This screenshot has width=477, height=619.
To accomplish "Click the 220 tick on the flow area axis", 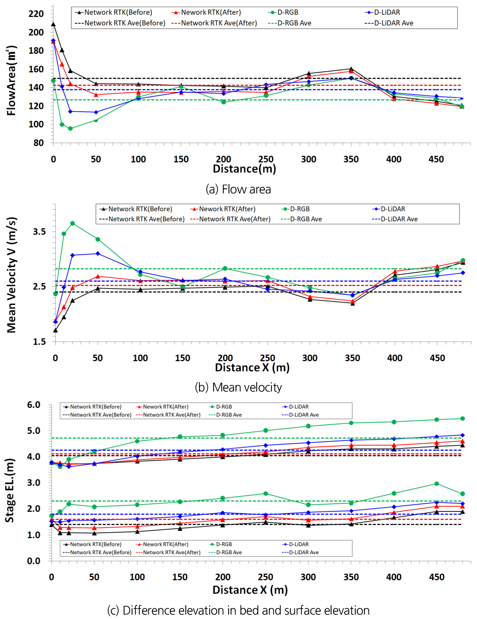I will (x=36, y=14).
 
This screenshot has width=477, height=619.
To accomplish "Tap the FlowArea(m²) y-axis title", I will (x=11, y=80).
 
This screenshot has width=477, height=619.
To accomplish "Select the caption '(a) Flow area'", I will (x=238, y=189).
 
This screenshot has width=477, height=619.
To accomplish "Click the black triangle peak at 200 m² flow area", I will (x=53, y=24).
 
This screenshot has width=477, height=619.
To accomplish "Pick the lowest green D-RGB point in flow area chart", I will (x=70, y=129).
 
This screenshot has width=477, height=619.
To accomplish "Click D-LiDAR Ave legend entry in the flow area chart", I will (x=389, y=23).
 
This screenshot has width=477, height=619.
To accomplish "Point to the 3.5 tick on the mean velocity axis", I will (x=39, y=232).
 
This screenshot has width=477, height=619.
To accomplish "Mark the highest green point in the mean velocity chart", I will (x=72, y=223).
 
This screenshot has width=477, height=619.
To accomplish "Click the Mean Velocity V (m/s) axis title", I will (x=12, y=275).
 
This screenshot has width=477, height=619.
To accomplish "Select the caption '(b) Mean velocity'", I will (x=238, y=387).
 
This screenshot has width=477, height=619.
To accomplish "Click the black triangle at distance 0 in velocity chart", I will (x=55, y=330).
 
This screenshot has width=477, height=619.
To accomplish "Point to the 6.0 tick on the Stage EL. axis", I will (x=34, y=405).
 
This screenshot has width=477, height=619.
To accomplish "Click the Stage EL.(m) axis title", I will (x=10, y=490).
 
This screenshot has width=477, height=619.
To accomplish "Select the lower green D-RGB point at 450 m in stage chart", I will (x=437, y=484).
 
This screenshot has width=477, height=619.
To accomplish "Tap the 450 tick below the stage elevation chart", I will (x=437, y=577).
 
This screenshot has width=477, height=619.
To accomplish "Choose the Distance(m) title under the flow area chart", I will (x=244, y=169).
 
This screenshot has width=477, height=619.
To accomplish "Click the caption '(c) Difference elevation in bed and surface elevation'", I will (x=238, y=611).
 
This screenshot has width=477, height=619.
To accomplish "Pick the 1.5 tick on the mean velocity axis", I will (x=39, y=342).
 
